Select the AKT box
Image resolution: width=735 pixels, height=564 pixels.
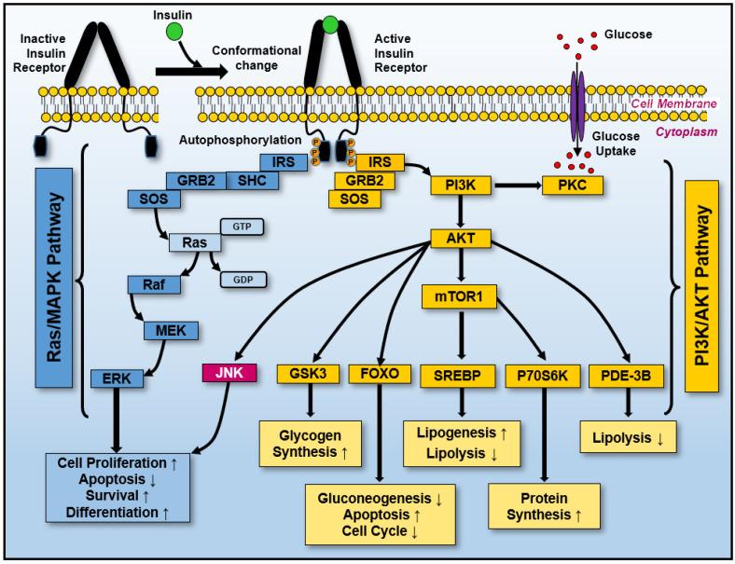[461, 238]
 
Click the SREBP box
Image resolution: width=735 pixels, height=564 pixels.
[461, 375]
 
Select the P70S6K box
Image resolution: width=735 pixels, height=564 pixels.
[540, 375]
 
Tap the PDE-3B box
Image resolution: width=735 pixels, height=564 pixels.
[625, 375]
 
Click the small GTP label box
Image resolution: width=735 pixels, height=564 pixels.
[243, 227]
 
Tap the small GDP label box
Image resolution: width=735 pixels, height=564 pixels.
[243, 279]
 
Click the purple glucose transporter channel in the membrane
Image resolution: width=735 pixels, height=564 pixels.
[579, 101]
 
